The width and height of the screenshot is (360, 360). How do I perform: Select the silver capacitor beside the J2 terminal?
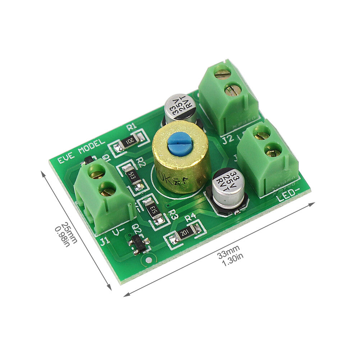coord(181,109)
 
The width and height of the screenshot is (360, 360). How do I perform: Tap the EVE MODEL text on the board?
coord(77,151)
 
